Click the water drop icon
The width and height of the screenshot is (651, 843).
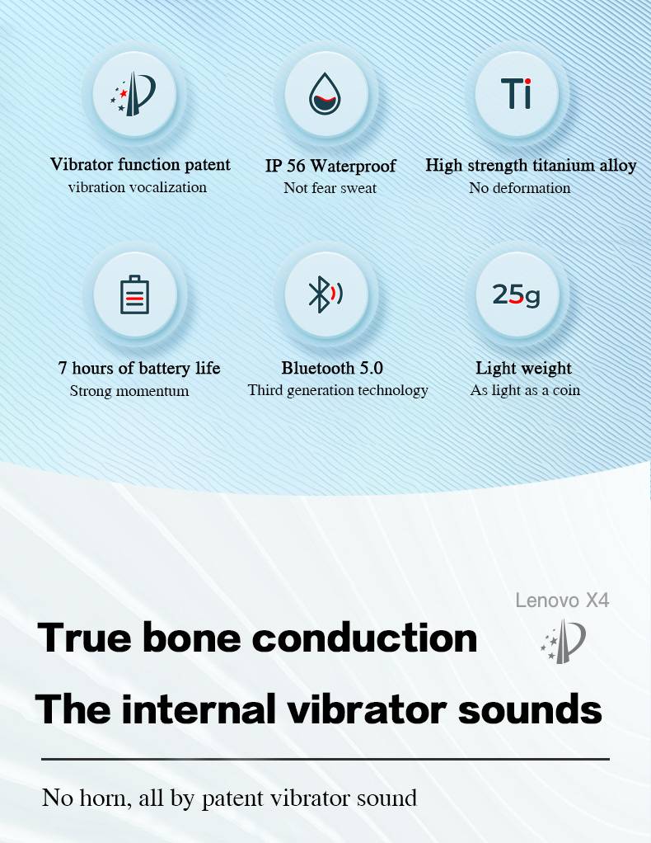(325, 94)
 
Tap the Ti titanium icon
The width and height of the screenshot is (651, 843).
(516, 93)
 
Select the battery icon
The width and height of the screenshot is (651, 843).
(134, 294)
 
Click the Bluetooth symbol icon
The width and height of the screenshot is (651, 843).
(325, 294)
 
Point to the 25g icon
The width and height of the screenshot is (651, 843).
(516, 294)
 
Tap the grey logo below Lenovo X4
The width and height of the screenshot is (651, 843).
(563, 641)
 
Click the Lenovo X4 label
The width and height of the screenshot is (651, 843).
(562, 600)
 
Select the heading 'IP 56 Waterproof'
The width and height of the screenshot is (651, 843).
(330, 166)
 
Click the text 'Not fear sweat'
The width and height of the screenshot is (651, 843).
(330, 187)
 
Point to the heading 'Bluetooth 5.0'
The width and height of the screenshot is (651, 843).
(332, 368)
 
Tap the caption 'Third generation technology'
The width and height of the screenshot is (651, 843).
(338, 390)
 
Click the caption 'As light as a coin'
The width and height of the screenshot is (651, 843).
(525, 390)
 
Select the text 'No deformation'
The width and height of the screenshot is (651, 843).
(519, 187)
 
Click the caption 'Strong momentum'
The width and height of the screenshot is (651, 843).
(129, 390)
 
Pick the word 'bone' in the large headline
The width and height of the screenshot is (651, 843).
(192, 638)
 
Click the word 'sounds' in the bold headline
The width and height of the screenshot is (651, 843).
(530, 709)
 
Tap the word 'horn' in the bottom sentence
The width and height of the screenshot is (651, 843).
(105, 798)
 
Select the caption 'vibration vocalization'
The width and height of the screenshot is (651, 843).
(138, 187)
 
